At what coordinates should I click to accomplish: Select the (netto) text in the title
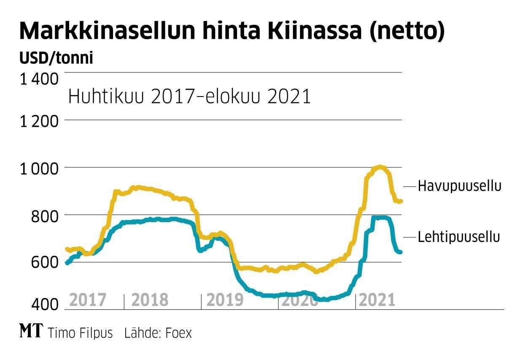[x=407, y=32]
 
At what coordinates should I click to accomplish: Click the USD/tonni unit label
[x=56, y=58]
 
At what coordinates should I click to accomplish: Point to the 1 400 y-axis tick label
[x=39, y=79]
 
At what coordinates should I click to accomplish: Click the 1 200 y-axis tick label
[x=39, y=122]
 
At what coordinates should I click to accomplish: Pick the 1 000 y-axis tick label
[x=39, y=169]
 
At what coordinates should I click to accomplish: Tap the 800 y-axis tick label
[x=44, y=217]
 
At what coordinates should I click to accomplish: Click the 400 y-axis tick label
[x=44, y=304]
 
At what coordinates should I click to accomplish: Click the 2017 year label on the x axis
[x=87, y=301]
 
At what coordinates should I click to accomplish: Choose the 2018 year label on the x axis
[x=150, y=301]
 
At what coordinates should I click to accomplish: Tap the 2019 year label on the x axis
[x=225, y=301]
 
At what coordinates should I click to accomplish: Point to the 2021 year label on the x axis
[x=377, y=301]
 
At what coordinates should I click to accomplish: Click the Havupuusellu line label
[x=459, y=186]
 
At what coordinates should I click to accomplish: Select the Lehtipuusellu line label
[x=459, y=237]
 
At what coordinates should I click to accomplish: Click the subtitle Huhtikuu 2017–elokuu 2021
[x=189, y=97]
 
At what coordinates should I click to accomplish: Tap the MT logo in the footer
[x=31, y=332]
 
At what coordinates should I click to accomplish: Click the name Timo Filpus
[x=81, y=333]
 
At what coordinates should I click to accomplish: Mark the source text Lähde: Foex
[x=158, y=333]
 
